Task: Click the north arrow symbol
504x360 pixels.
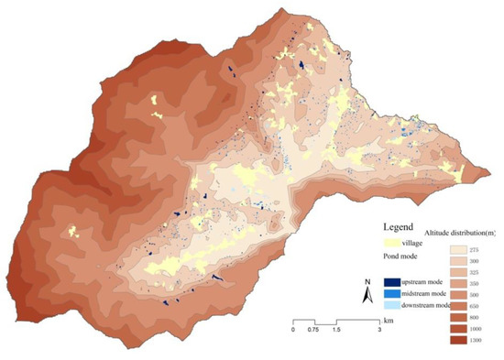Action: coord(365,294)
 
